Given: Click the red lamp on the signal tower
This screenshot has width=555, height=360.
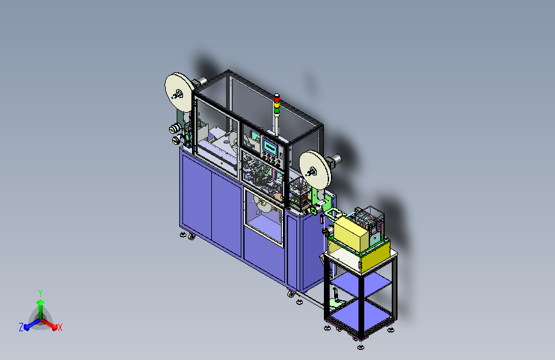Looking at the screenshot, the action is tap(277, 98).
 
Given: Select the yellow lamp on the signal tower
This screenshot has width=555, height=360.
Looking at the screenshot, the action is tap(277, 104).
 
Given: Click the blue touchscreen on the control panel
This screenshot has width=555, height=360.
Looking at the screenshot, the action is tap(270, 147).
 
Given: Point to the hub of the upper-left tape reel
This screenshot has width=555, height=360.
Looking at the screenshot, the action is tap(177, 94).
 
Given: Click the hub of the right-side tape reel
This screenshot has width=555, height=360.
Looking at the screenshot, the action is tap(312, 172).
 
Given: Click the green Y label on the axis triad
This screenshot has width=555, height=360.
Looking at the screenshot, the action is tap(40, 293).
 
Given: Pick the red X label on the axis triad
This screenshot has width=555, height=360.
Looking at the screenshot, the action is tap(60, 328).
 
